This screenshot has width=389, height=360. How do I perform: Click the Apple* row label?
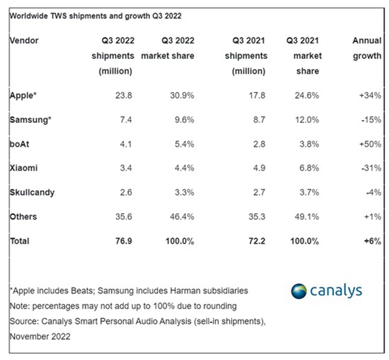(x=23, y=95)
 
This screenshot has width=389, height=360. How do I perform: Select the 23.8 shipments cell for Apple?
(x=123, y=95)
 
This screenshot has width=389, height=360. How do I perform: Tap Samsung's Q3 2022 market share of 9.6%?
(x=182, y=120)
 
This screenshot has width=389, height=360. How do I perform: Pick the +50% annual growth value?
(x=370, y=144)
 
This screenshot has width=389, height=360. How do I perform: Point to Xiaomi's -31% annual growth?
(x=371, y=168)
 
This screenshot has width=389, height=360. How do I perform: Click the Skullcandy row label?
(x=31, y=193)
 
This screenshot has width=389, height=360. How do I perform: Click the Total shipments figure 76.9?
(x=122, y=241)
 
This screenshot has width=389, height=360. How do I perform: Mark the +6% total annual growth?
(x=372, y=241)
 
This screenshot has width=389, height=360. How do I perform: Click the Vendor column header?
(x=24, y=41)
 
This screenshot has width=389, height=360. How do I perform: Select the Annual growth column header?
(x=367, y=48)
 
